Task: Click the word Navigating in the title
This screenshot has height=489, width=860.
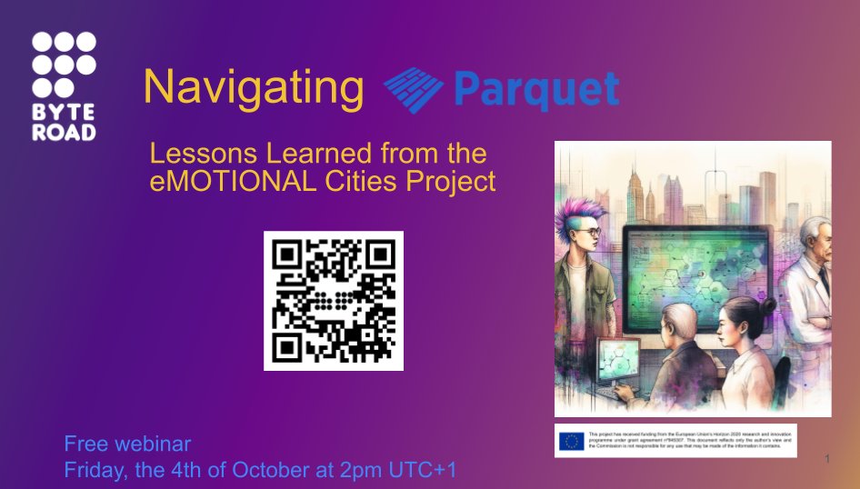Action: click(254, 88)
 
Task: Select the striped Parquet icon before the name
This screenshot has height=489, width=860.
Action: click(413, 88)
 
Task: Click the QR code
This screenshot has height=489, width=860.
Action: click(334, 301)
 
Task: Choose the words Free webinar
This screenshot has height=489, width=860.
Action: click(127, 444)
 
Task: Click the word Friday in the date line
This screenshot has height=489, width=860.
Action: click(91, 470)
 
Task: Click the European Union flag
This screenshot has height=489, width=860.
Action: click(572, 441)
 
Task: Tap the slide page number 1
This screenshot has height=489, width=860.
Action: click(827, 461)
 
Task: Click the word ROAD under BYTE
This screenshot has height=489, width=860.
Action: click(64, 130)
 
